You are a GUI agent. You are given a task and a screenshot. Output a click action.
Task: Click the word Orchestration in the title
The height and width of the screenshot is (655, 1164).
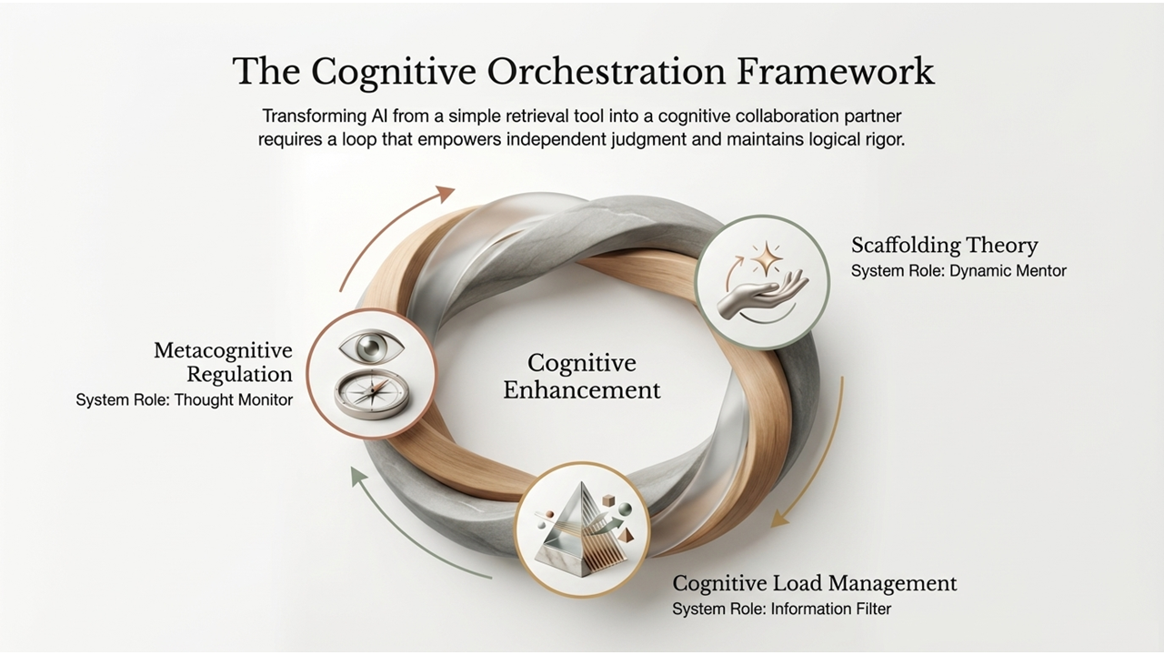point(606,71)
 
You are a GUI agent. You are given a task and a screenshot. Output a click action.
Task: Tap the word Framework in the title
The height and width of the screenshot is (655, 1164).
point(836,71)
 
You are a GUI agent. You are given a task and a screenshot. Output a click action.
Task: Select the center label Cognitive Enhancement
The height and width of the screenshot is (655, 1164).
point(581,377)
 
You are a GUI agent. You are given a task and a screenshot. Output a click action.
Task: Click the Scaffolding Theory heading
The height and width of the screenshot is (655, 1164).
point(944,245)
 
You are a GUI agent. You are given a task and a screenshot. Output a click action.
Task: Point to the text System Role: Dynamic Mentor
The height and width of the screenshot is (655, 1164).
point(958,271)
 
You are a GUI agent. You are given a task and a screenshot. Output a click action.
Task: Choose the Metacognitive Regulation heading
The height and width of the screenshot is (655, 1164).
point(224,362)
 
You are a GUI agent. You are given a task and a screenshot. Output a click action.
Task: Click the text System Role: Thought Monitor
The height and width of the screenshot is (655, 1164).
point(185,399)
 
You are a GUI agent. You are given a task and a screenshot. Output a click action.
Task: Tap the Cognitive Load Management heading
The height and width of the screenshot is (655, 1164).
point(814,583)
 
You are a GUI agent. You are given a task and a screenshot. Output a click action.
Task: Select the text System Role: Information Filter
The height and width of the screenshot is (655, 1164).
point(781,609)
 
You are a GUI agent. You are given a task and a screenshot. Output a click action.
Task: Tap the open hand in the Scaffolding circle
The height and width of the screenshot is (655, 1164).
point(763,296)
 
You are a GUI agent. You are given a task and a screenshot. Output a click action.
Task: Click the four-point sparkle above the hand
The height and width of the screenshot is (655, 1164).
point(767,257)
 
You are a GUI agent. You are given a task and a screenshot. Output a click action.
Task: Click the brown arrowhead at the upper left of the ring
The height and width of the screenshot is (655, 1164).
point(445,194)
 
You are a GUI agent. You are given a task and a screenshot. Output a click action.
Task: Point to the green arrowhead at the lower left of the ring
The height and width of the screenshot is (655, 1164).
point(358,476)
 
